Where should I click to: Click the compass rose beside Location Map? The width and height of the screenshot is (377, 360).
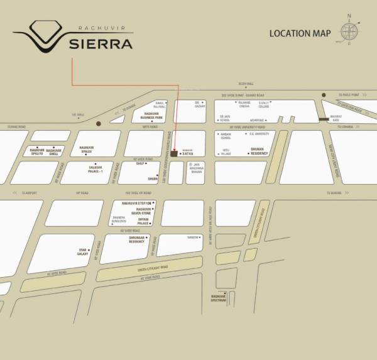[x=350, y=32]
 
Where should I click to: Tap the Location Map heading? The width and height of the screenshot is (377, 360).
[x=299, y=33]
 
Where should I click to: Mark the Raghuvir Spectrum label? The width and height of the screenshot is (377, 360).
[x=219, y=297]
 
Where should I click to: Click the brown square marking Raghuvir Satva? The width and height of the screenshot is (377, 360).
[x=174, y=153]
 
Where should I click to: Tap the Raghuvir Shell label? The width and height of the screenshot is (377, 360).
[x=54, y=152]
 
